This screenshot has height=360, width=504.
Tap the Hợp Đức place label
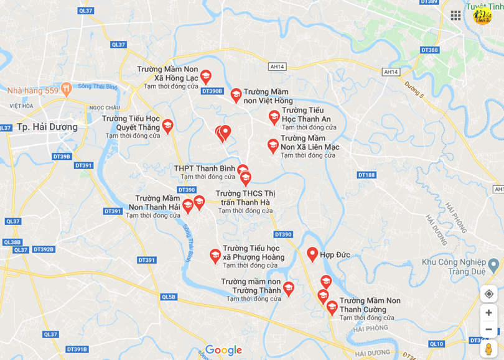(335, 255)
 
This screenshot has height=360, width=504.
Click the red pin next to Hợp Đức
(313, 253)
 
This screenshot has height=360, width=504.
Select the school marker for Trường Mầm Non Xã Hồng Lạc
(205, 76)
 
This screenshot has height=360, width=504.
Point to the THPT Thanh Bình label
(204, 168)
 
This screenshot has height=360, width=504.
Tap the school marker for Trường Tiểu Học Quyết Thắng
(167, 126)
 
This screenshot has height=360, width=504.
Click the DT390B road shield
(212, 91)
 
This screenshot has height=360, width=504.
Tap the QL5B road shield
(169, 297)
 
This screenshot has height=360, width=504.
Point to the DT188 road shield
(367, 175)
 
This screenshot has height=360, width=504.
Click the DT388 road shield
(429, 50)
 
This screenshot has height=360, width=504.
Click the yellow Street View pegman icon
(488, 348)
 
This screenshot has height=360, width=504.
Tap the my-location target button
(488, 294)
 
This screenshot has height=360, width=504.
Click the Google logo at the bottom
(223, 350)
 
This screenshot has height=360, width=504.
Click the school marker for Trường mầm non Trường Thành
(288, 288)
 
